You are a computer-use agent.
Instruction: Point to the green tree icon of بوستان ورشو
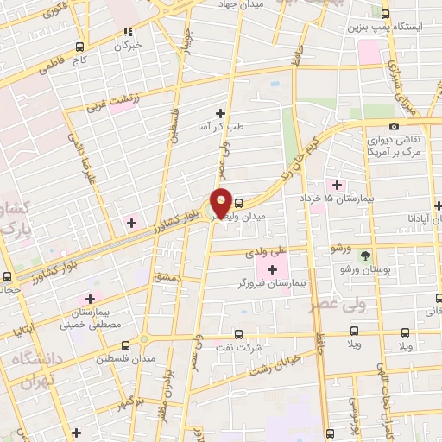pos(367,256)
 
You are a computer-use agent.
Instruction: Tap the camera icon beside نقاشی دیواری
pos(395,128)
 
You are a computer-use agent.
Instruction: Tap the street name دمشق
pos(164,276)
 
